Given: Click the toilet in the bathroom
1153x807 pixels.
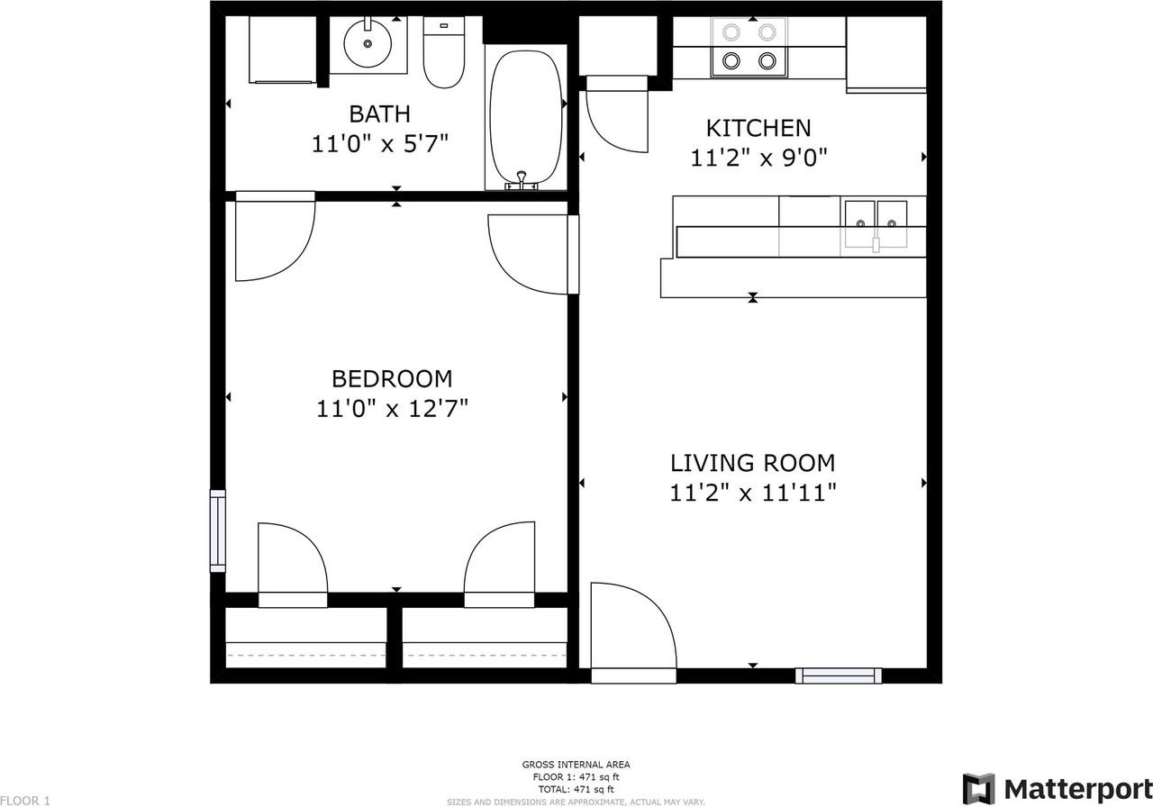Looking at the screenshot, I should [x=442, y=56].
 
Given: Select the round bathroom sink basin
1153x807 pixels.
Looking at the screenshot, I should [x=368, y=42].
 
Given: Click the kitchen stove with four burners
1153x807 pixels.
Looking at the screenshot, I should [x=749, y=47].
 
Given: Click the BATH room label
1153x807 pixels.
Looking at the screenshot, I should [x=379, y=114].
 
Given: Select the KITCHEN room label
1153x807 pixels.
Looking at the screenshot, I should [x=758, y=128].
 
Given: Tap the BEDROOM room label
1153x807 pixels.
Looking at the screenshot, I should [x=392, y=378].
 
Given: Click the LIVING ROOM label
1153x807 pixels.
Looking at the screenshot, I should [x=752, y=463].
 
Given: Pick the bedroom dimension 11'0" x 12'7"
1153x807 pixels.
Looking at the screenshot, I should [x=392, y=409].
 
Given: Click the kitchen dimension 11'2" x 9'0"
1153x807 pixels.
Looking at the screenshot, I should [x=758, y=159].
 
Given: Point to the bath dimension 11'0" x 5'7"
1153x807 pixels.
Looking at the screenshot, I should [x=379, y=144].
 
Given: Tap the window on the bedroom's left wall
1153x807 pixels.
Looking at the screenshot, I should [x=217, y=530].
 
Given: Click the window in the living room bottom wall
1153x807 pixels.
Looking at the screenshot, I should [x=839, y=676].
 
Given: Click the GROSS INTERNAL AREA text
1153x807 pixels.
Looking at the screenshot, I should [x=576, y=765].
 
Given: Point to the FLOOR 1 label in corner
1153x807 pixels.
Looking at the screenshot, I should [x=26, y=800].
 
